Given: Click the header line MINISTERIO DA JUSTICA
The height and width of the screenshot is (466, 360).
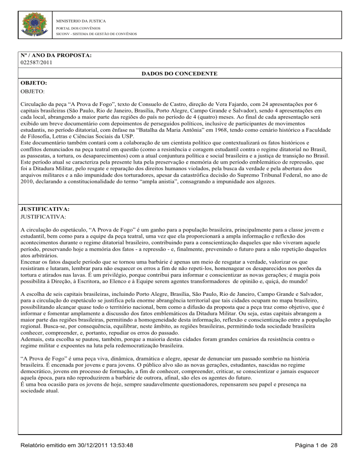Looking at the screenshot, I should [81, 21].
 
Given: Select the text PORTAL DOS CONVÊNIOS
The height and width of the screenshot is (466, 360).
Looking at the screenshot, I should [75, 28].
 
